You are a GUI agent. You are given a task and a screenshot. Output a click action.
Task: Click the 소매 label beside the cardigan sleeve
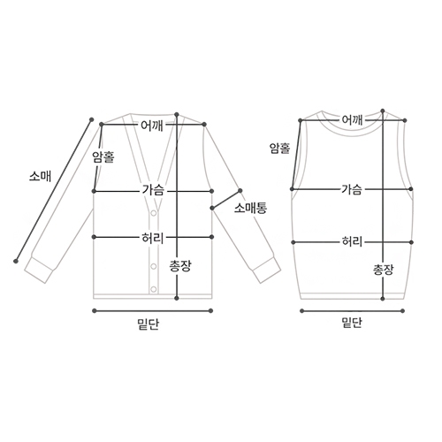[x=40, y=176]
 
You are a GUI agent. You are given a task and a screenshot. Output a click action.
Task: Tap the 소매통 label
[x=250, y=209]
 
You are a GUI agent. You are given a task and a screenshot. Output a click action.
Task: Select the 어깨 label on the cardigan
[x=152, y=126]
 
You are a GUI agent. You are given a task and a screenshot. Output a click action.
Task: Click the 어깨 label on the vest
[x=352, y=119]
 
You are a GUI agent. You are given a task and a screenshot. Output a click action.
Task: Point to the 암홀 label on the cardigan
[x=103, y=156]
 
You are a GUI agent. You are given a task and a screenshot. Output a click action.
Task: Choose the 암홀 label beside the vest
[x=280, y=149]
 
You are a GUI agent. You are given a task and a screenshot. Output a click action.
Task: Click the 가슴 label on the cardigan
[x=153, y=190]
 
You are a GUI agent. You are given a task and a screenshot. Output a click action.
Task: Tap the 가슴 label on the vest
[x=351, y=189]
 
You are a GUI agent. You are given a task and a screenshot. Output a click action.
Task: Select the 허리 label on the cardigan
[x=152, y=238]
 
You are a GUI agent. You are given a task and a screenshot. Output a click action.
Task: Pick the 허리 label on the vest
[x=352, y=241]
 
